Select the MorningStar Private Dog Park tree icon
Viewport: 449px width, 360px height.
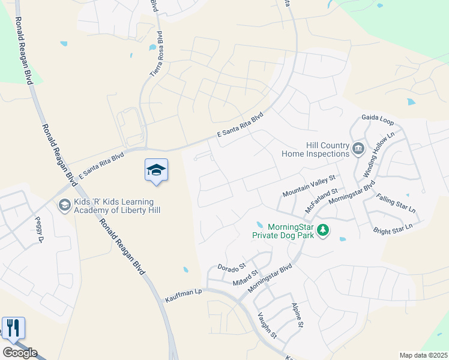tap(323, 230)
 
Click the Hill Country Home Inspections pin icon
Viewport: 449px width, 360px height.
tap(358, 148)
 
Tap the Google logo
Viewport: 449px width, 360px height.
tap(20, 353)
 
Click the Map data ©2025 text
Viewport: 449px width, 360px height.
tap(423, 355)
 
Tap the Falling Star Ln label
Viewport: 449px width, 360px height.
tap(396, 203)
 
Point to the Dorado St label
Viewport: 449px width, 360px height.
tap(232, 266)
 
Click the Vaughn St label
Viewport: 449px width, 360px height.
tap(267, 326)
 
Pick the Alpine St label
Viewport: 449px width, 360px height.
tap(297, 316)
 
